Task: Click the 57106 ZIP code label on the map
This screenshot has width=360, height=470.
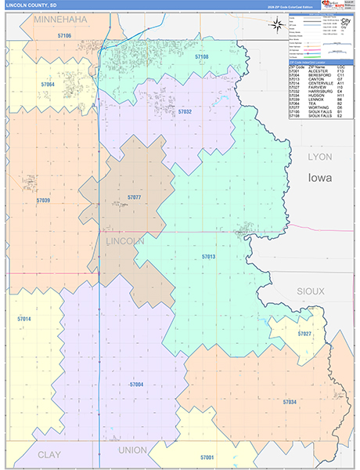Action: click(x=64, y=36)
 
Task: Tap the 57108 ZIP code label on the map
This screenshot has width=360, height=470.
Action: click(x=202, y=57)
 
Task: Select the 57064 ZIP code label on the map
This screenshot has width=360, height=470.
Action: click(x=48, y=84)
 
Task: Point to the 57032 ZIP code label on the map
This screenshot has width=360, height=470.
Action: click(x=184, y=112)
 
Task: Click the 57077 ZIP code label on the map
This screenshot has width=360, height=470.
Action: click(x=134, y=197)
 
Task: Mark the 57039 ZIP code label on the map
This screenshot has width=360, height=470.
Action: click(x=43, y=201)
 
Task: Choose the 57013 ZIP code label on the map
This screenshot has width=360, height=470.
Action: click(x=208, y=257)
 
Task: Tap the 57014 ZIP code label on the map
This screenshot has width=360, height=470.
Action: click(x=23, y=319)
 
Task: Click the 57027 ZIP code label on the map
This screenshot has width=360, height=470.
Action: click(x=304, y=334)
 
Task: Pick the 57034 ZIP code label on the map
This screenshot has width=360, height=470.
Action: click(x=290, y=401)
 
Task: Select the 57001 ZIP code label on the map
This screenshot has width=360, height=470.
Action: click(x=207, y=457)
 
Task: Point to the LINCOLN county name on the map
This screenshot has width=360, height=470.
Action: click(x=125, y=242)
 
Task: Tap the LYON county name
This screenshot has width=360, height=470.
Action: click(x=319, y=157)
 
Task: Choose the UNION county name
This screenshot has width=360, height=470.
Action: click(x=132, y=450)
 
